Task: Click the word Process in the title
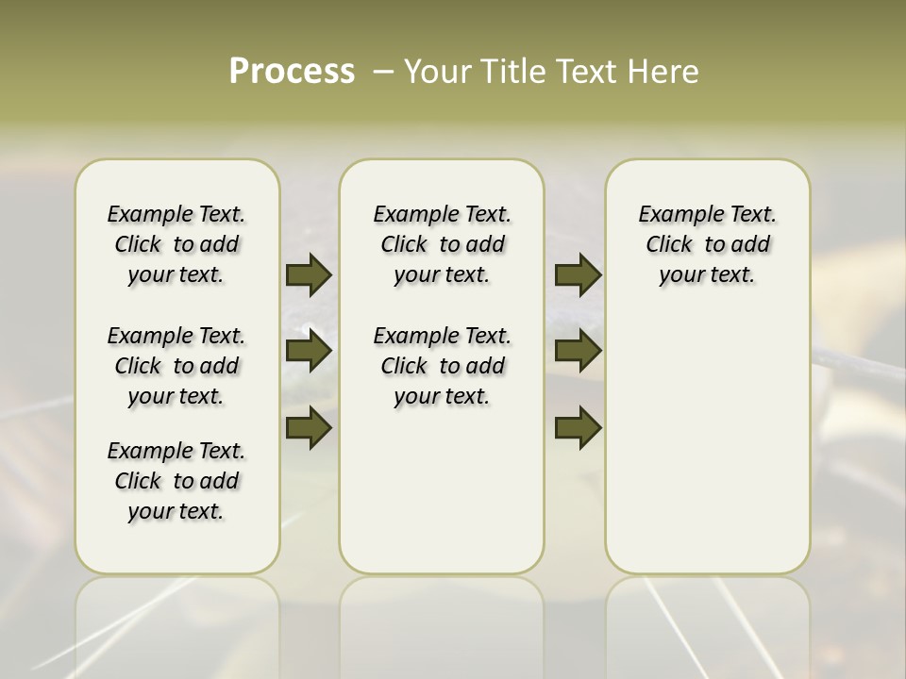pyautogui.click(x=292, y=72)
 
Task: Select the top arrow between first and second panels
pyautogui.click(x=309, y=274)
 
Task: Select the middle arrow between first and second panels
pyautogui.click(x=309, y=352)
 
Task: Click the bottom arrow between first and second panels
pyautogui.click(x=309, y=428)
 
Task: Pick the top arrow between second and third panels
pyautogui.click(x=578, y=274)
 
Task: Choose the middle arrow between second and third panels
pyautogui.click(x=578, y=352)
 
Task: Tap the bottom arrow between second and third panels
pyautogui.click(x=578, y=428)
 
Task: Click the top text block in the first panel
pyautogui.click(x=176, y=244)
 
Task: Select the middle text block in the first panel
pyautogui.click(x=176, y=366)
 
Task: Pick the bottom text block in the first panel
pyautogui.click(x=176, y=481)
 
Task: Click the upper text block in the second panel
pyautogui.click(x=442, y=244)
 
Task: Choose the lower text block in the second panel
pyautogui.click(x=442, y=366)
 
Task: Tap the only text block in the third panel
pyautogui.click(x=708, y=244)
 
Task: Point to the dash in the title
pyautogui.click(x=383, y=72)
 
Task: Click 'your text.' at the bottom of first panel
pyautogui.click(x=176, y=511)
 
